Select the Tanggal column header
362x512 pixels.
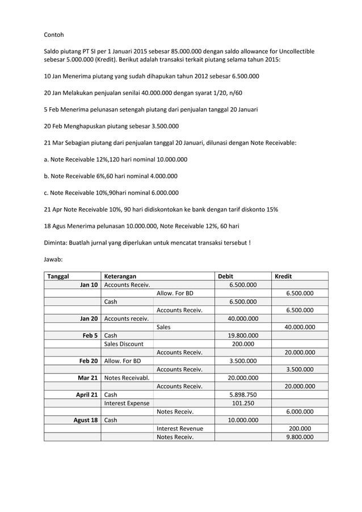(58, 276)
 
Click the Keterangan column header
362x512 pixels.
(120, 276)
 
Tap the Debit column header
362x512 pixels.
(226, 276)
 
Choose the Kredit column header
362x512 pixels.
(283, 276)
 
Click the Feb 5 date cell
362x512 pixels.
(90, 335)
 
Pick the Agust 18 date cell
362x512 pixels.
(86, 420)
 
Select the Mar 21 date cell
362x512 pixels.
(87, 377)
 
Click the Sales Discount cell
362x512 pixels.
(124, 344)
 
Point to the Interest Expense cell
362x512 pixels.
(127, 403)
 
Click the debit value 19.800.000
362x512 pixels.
(243, 335)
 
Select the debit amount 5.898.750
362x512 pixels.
(243, 395)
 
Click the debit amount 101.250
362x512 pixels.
(243, 403)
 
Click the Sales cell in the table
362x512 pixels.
(163, 327)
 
